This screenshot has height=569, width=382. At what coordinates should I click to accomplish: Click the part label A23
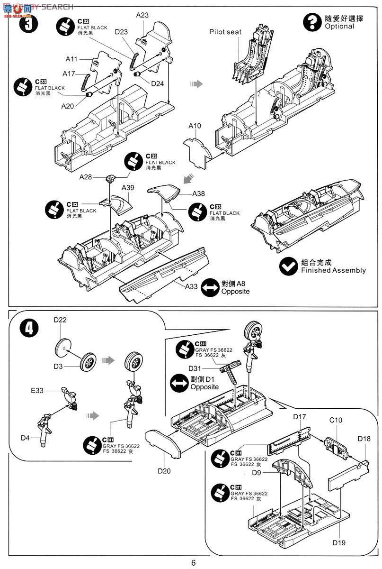tap(142, 15)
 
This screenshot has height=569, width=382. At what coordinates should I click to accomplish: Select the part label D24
tap(158, 83)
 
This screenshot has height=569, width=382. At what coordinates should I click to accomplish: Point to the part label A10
tap(195, 126)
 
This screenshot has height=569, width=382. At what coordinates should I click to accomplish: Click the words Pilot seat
tap(225, 32)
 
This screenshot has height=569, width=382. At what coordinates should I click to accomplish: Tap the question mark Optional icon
tap(312, 21)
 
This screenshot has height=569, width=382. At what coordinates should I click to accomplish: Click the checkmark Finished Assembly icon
tap(288, 266)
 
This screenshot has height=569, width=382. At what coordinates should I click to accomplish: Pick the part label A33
tap(191, 287)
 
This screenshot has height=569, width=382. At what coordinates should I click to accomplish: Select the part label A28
tap(86, 177)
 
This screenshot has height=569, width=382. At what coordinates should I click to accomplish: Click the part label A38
tap(199, 194)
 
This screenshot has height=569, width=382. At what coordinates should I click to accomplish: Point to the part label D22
tap(60, 320)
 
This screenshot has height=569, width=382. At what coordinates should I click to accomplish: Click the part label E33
tap(38, 391)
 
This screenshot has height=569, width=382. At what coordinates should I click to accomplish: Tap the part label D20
tap(164, 471)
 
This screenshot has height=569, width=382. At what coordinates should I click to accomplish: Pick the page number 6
tap(193, 563)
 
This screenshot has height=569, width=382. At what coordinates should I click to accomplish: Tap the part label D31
tap(195, 368)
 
